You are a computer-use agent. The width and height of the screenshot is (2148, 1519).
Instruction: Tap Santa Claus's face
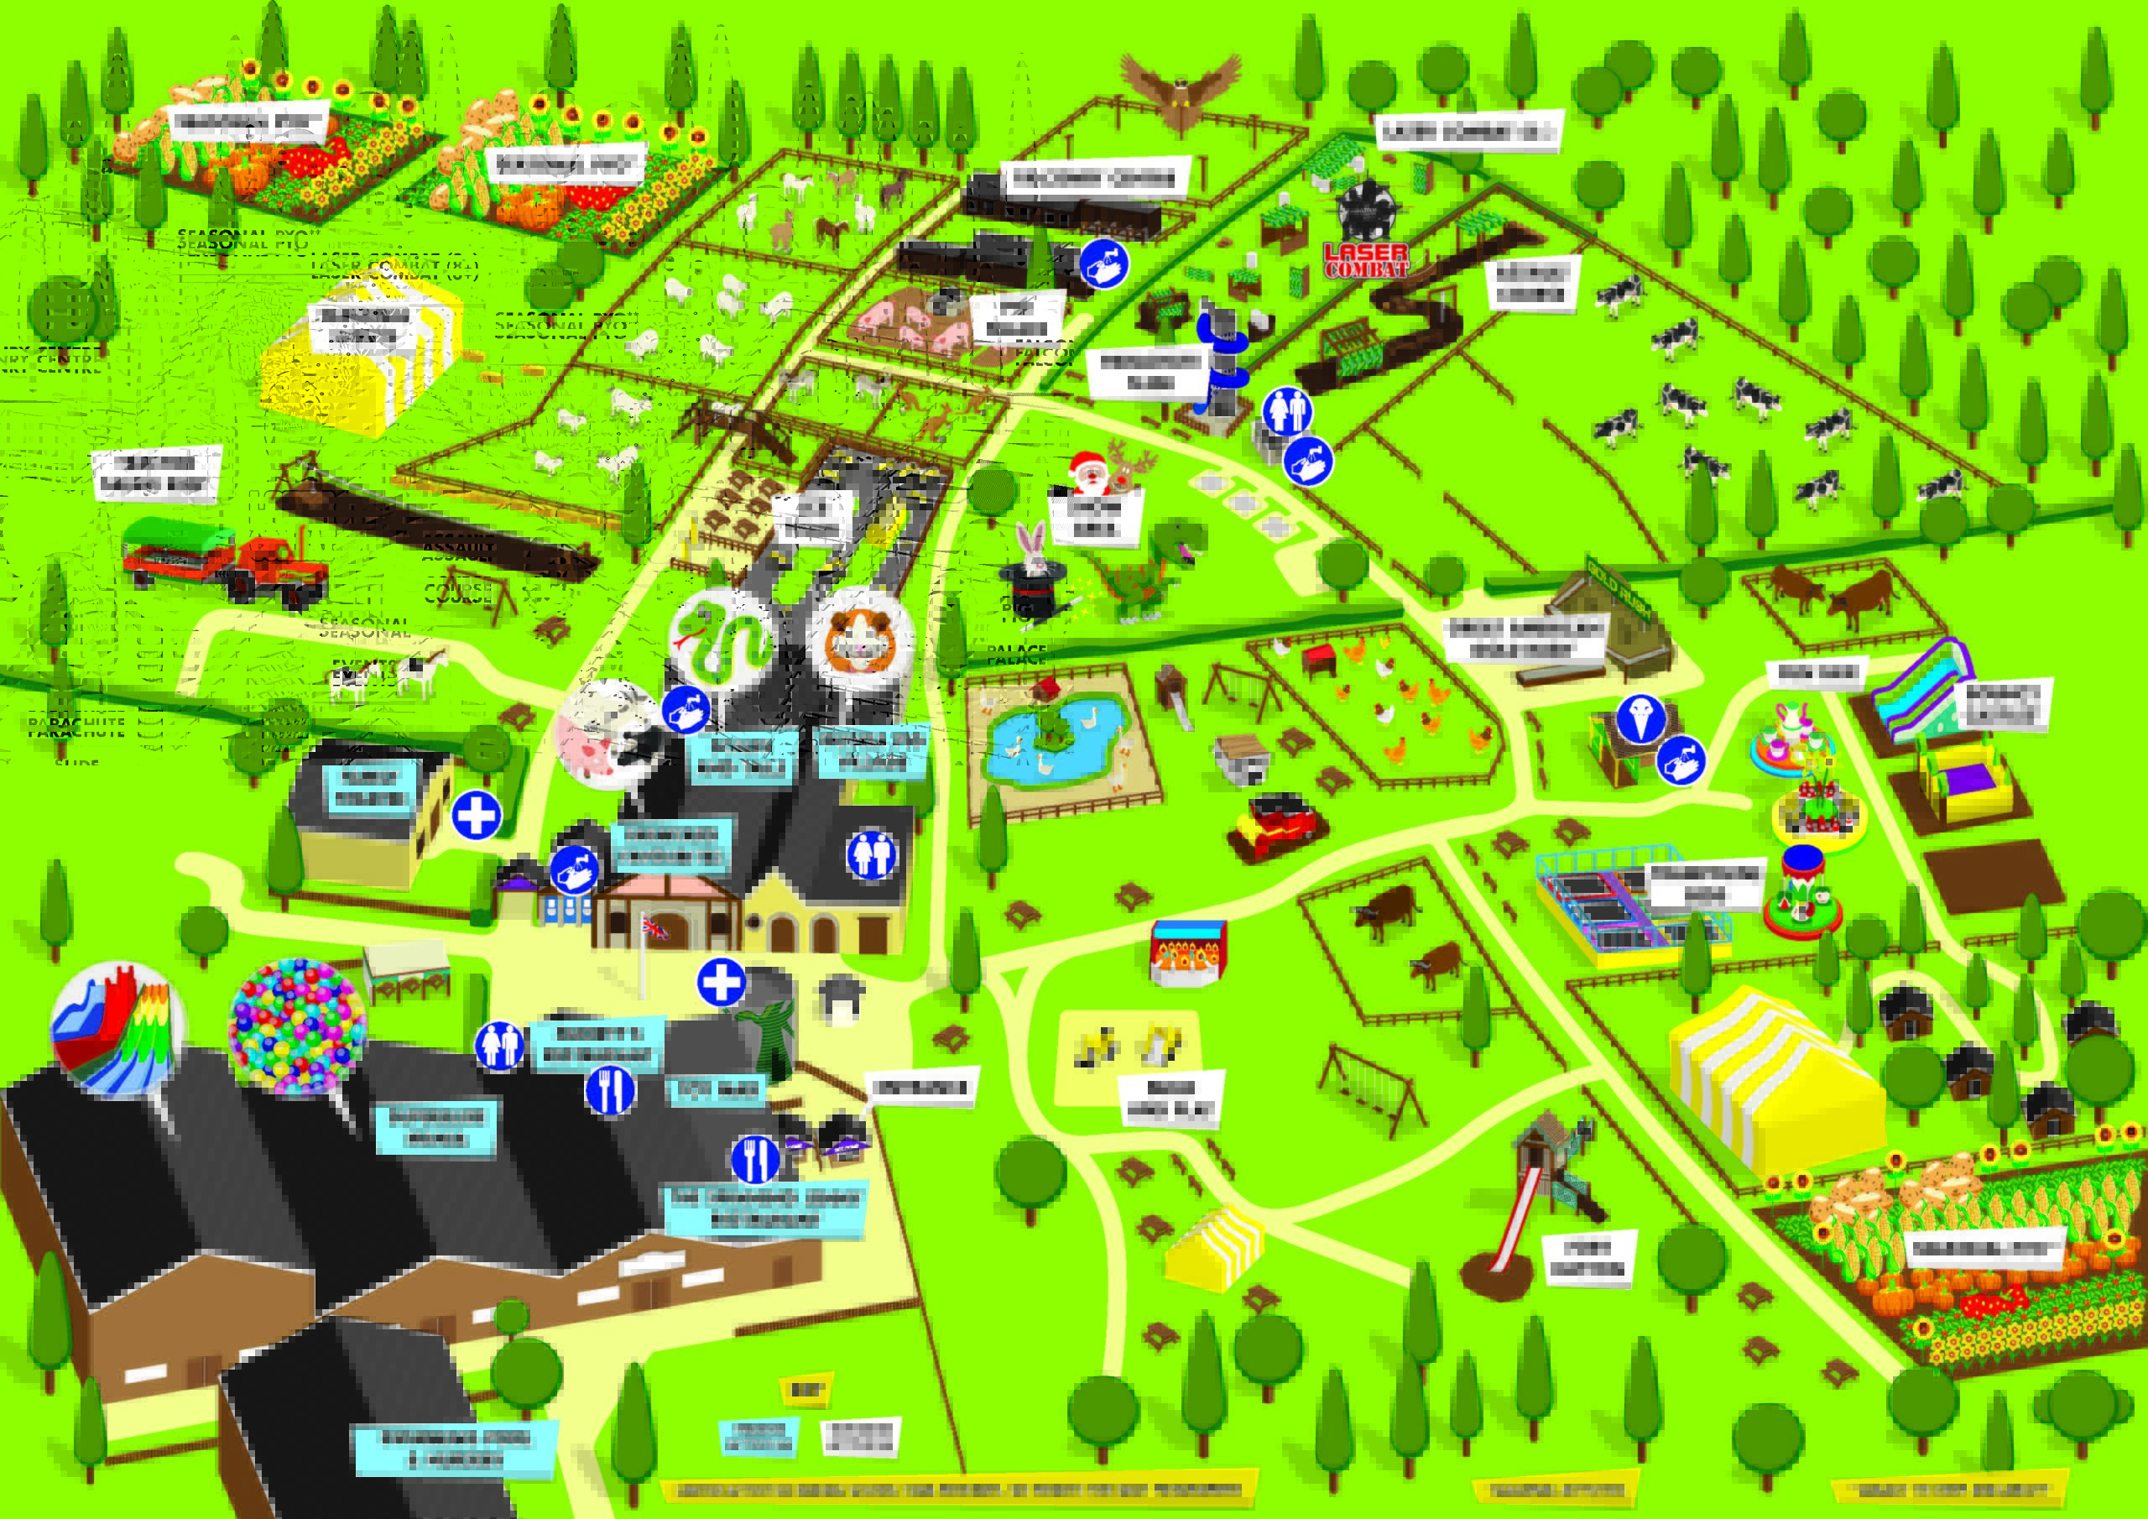[1087, 472]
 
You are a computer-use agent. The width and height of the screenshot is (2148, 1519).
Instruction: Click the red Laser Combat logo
[1366, 259]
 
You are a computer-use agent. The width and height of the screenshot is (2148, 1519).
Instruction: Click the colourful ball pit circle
[298, 1024]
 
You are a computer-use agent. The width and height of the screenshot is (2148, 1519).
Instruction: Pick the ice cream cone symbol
[1640, 718]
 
